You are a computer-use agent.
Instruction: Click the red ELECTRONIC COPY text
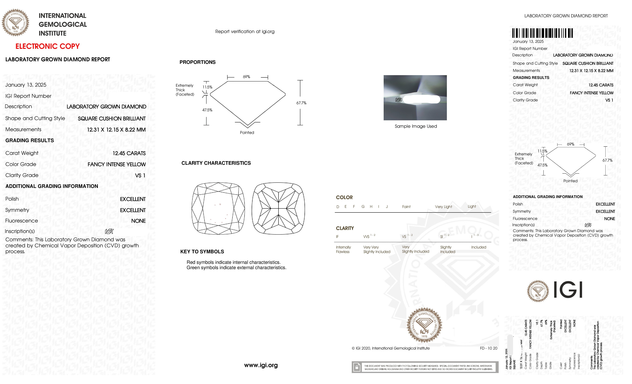coord(47,47)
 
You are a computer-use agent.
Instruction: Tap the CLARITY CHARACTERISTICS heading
coord(216,163)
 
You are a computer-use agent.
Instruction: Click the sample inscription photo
coord(415,98)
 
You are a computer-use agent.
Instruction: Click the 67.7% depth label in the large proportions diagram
coord(301,103)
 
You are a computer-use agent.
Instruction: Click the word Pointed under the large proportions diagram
coord(247,133)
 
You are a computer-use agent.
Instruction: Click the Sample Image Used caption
coord(416,126)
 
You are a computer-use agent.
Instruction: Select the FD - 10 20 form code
coord(488,348)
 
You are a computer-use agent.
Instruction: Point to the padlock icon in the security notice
coord(357,367)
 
